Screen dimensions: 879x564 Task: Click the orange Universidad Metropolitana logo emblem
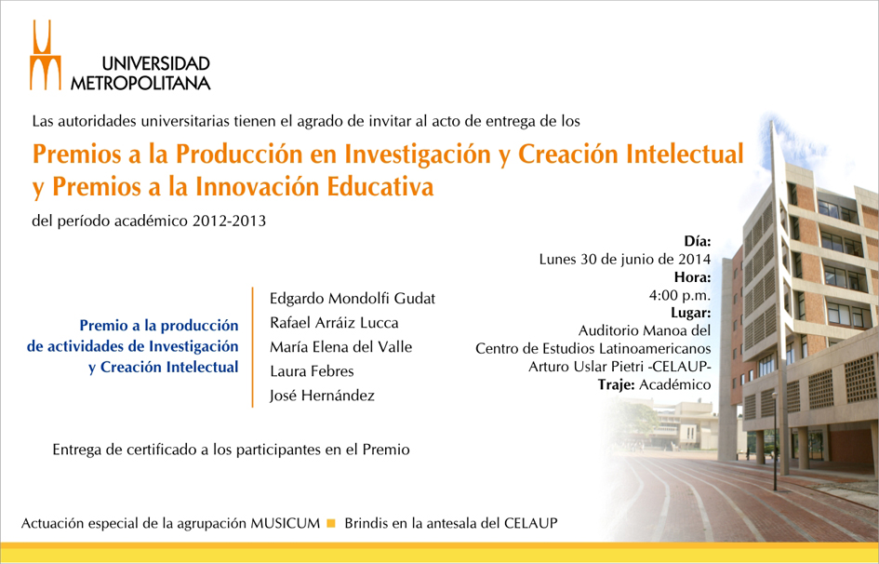[46, 55]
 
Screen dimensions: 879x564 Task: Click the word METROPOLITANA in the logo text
[140, 83]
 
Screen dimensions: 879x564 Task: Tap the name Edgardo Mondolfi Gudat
[352, 298]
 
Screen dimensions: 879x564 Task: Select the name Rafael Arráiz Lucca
[334, 323]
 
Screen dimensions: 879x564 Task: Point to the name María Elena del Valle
[340, 347]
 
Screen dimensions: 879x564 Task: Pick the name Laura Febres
[312, 371]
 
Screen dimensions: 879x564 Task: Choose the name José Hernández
[322, 396]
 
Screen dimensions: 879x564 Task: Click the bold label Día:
[698, 241]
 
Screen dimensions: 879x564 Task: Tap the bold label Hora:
[692, 277]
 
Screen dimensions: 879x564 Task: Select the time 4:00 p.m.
[680, 295]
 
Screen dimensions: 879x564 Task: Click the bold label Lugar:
[690, 313]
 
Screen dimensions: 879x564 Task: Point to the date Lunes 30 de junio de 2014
[625, 259]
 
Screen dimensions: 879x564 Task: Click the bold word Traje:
[616, 384]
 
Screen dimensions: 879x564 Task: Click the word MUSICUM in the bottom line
[285, 524]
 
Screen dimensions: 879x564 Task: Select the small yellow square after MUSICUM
[331, 524]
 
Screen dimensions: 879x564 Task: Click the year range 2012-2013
[229, 221]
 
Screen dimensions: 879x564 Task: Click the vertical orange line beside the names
[253, 347]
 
